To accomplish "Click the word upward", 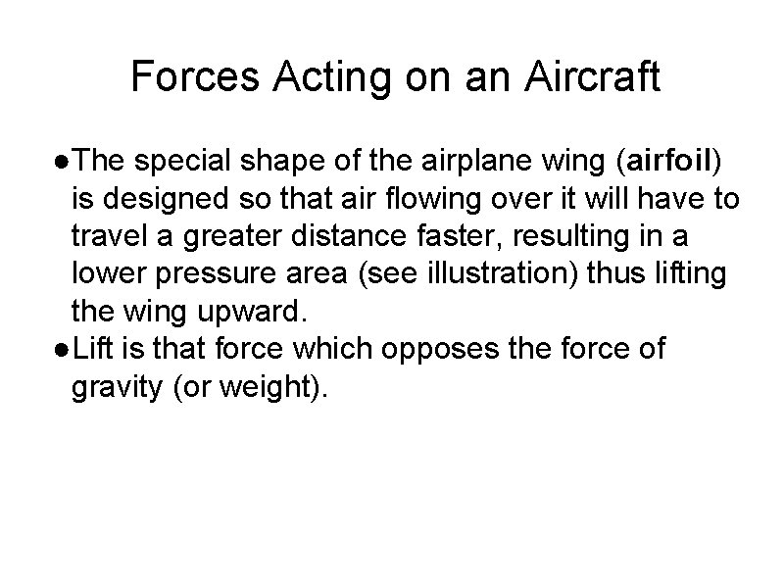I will pos(254,314).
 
